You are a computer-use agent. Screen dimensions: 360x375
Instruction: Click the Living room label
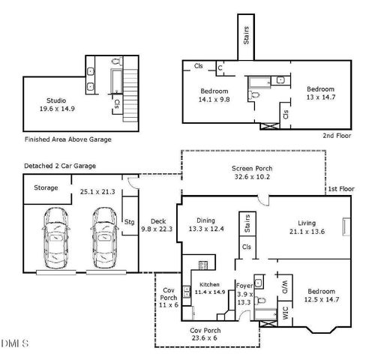click(307, 223)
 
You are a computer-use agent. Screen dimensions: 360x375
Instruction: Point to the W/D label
click(284, 286)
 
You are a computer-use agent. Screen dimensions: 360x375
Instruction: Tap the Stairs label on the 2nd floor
click(249, 34)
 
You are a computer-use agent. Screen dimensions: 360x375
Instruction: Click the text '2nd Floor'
click(338, 135)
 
